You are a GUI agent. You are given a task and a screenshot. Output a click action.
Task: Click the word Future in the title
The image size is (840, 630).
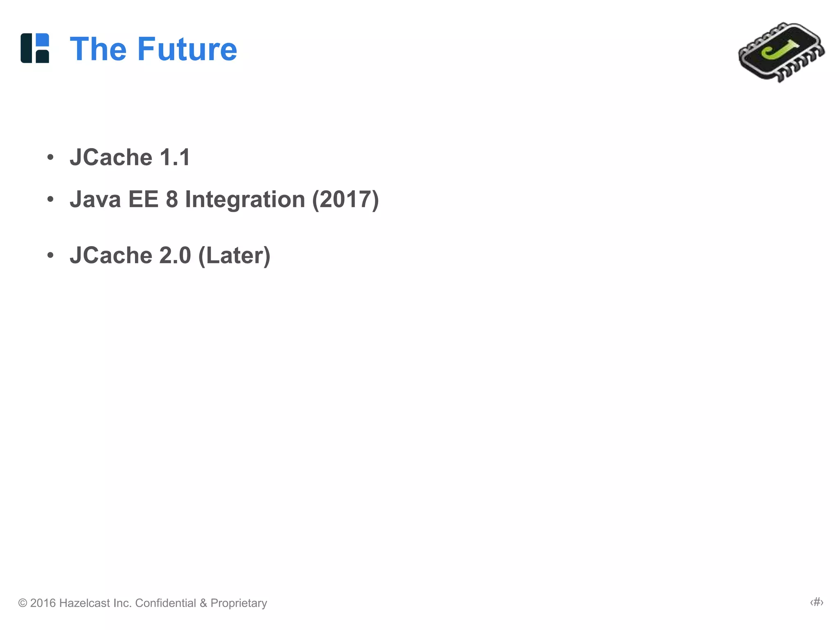click(187, 49)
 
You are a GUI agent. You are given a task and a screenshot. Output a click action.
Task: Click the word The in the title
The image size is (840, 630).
click(98, 49)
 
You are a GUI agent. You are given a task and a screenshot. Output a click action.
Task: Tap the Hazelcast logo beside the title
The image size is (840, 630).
click(35, 48)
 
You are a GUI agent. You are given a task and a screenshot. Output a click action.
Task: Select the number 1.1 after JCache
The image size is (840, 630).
click(175, 157)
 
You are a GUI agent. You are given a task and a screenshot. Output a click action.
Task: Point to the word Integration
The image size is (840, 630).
click(245, 199)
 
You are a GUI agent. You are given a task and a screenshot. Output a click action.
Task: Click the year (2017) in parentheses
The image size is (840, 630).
click(345, 199)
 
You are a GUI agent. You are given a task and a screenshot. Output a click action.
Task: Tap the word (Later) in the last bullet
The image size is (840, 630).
click(234, 256)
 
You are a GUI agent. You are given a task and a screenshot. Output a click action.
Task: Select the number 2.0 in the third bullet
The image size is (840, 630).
click(175, 256)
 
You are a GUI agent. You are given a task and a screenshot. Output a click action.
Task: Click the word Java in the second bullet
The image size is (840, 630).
click(95, 199)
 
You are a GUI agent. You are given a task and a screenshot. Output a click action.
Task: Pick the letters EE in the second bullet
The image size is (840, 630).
click(143, 199)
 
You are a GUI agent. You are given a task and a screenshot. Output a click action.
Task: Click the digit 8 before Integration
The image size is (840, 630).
click(172, 199)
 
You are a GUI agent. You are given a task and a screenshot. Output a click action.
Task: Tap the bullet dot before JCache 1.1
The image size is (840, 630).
click(50, 157)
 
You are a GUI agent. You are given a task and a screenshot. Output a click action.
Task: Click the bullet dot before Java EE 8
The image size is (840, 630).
click(50, 199)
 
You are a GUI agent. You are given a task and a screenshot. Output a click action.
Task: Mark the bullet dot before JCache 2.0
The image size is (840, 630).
click(50, 255)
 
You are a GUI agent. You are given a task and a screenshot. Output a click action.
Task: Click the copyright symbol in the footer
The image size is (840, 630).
click(23, 603)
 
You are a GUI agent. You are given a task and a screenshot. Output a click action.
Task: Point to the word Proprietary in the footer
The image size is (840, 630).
click(239, 603)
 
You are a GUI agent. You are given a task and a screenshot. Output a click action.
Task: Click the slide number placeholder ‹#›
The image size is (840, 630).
click(817, 602)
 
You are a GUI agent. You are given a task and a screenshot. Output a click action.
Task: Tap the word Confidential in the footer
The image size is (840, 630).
click(166, 603)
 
